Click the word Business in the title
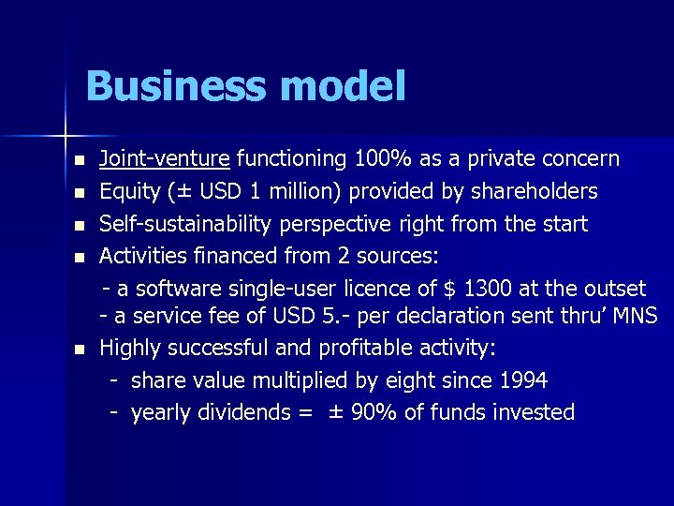(x=174, y=87)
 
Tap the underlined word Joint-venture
(x=165, y=158)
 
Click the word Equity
(x=130, y=191)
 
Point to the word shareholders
(x=533, y=191)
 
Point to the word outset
(x=614, y=288)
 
